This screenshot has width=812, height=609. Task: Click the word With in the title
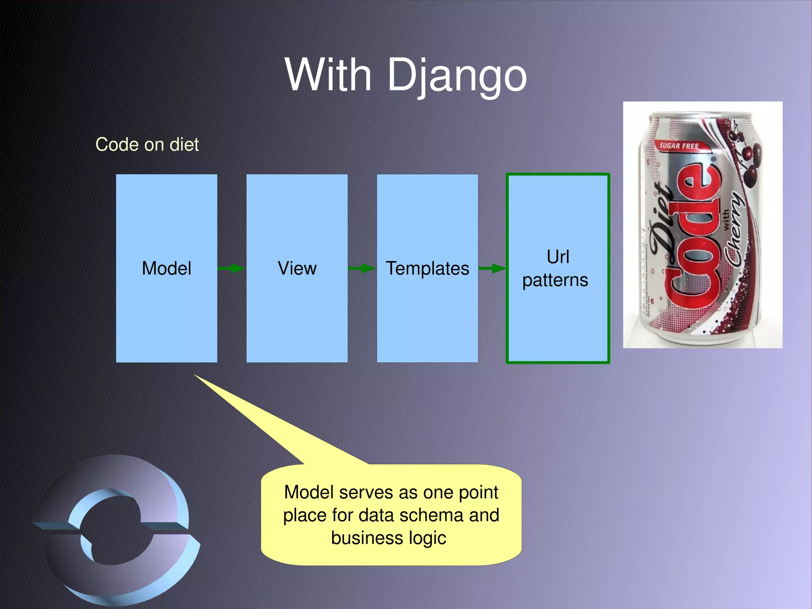coord(328,75)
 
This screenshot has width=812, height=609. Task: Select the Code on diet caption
coord(147,144)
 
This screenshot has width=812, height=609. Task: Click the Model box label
coord(167,269)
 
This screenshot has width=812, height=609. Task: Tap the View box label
coord(297,269)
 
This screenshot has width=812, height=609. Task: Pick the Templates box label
coord(427,269)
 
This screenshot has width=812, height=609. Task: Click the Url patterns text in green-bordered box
coord(556,269)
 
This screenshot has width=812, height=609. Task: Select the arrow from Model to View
coord(232,269)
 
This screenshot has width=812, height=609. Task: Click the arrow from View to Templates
coord(362,269)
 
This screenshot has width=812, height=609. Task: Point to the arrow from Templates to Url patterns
coord(492,269)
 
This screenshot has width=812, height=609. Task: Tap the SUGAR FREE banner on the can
coord(679,146)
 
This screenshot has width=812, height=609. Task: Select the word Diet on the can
coord(663,222)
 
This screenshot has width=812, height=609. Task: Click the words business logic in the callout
coord(389,538)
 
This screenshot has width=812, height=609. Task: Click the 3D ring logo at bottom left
coord(115,528)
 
